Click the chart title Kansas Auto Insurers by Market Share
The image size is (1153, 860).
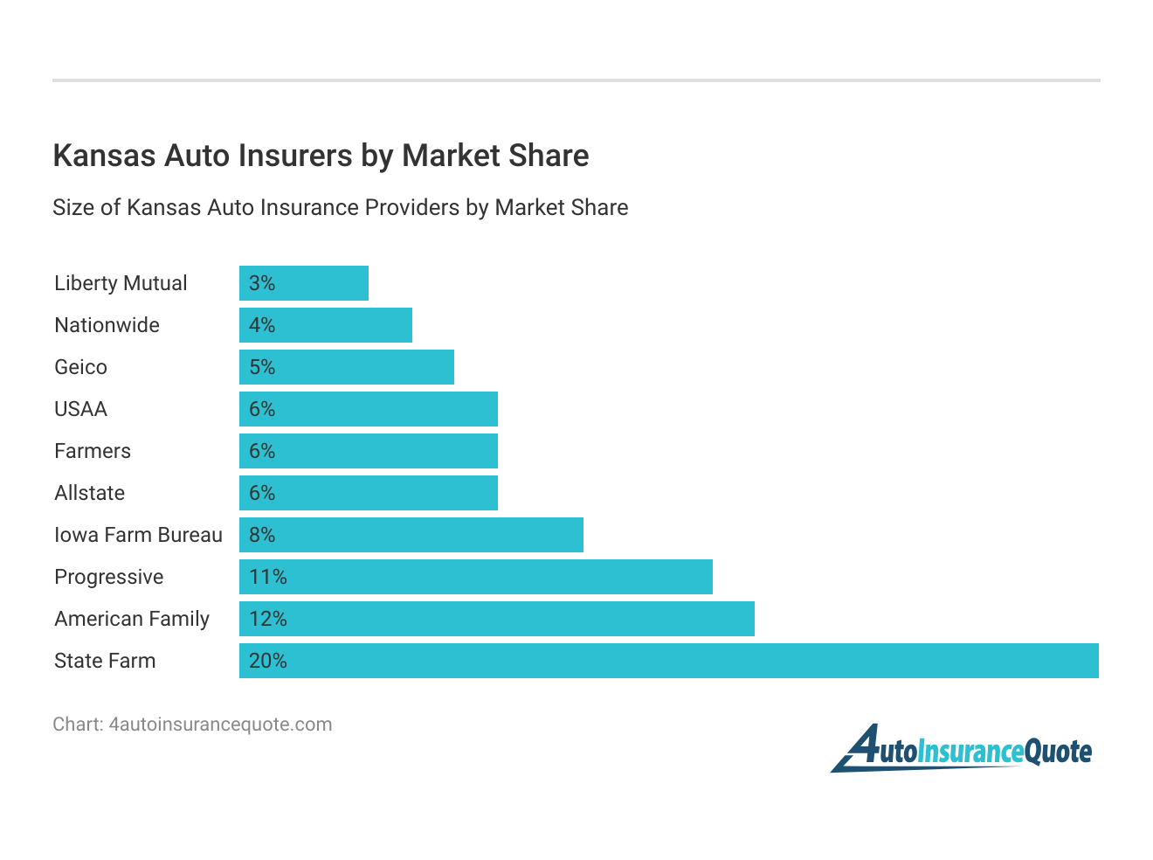pos(321,156)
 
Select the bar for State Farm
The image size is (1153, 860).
pos(668,661)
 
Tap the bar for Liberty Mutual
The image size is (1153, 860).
pos(304,283)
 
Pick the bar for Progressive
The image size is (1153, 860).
pos(476,577)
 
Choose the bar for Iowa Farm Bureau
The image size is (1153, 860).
pos(411,535)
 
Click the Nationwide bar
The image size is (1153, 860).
pos(326,325)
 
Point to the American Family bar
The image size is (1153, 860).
pos(497,619)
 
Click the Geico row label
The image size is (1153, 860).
pos(80,367)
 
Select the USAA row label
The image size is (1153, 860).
pos(80,409)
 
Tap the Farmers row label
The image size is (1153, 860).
pos(93,451)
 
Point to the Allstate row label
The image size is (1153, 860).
pos(89,493)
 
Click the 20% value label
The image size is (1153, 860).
pos(267,661)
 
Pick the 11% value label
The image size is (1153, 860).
pos(267,577)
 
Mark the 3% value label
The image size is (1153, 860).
pos(262,283)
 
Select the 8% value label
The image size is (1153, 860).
pos(262,535)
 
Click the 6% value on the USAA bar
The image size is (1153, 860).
pos(262,409)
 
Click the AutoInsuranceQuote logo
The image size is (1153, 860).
pos(961,750)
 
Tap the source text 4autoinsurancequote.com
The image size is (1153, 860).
pos(220,725)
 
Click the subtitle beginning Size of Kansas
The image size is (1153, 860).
pos(340,207)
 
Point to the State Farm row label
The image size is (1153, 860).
pos(105,661)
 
